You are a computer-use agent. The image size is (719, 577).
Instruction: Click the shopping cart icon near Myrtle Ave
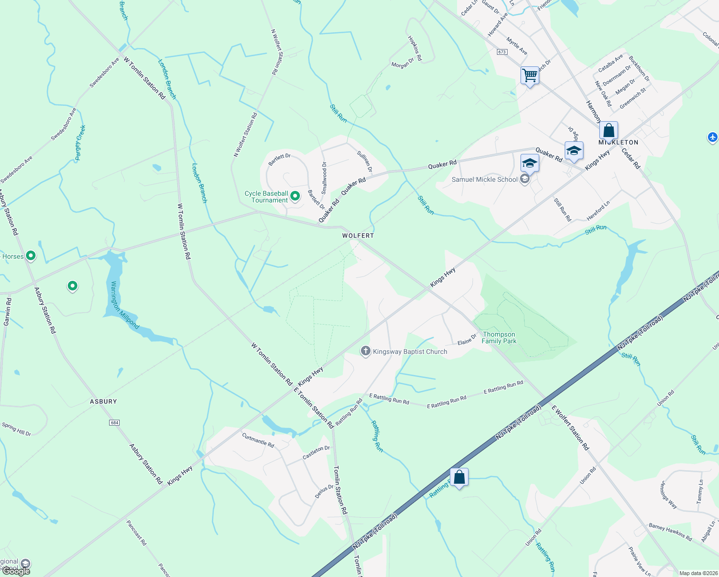[x=530, y=75]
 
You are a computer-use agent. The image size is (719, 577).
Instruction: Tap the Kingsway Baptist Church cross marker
[x=365, y=351]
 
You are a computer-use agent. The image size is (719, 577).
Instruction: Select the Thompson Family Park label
[x=499, y=338]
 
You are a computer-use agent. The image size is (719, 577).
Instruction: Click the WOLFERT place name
[x=358, y=236]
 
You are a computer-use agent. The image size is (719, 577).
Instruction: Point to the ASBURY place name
[x=103, y=401]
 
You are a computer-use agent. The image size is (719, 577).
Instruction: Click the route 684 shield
[x=114, y=423]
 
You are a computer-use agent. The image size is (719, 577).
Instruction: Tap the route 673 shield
[x=502, y=52]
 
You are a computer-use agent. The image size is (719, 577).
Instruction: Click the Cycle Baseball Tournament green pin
[x=296, y=195]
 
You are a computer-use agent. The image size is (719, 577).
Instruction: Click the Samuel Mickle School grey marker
[x=525, y=180]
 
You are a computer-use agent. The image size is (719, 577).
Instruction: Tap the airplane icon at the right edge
[x=713, y=137]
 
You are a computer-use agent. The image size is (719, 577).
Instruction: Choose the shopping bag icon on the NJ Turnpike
[x=459, y=477]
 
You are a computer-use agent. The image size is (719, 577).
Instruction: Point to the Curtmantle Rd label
[x=258, y=440]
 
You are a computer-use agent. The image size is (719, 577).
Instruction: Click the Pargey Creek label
[x=80, y=143]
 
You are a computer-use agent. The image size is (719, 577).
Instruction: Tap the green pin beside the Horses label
[x=31, y=256]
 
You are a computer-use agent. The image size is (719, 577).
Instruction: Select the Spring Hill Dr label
[x=16, y=429]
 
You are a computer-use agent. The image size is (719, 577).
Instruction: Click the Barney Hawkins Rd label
[x=670, y=532]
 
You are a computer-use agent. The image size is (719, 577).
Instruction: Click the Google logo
[x=16, y=571]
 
